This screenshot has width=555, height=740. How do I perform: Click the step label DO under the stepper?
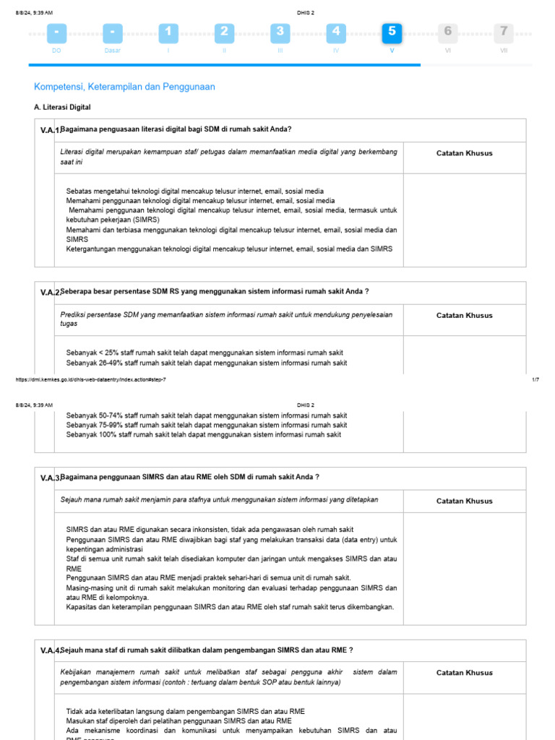click(56, 51)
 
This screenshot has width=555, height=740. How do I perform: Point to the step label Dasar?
click(112, 51)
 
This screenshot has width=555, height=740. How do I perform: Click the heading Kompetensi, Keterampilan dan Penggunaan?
click(124, 87)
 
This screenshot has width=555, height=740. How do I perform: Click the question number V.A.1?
click(51, 130)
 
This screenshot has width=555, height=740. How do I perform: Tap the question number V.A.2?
click(51, 293)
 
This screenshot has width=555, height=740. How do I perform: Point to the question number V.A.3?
click(51, 478)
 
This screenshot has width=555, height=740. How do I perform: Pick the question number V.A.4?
click(51, 650)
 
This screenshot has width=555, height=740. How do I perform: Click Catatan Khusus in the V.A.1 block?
click(464, 153)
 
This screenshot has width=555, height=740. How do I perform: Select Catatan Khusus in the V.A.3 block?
click(464, 501)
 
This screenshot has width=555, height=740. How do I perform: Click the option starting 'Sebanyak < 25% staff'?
click(205, 353)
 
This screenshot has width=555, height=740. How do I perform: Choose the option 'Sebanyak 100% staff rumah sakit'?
click(204, 435)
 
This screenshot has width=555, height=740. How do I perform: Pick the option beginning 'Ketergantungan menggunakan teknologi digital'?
click(229, 249)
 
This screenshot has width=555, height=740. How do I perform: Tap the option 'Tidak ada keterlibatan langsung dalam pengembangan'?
click(185, 711)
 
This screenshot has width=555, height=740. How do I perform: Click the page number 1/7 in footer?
click(535, 379)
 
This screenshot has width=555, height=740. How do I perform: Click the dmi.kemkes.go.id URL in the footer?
click(90, 379)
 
